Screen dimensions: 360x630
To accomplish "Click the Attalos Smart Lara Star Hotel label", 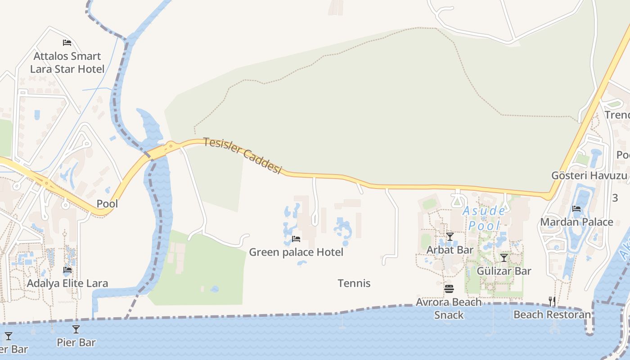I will pyautogui.click(x=67, y=63).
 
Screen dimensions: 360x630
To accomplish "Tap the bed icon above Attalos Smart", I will pyautogui.click(x=67, y=43).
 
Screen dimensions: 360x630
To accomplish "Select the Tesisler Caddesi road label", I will pyautogui.click(x=243, y=155).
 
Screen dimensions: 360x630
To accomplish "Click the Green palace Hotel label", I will pyautogui.click(x=296, y=252).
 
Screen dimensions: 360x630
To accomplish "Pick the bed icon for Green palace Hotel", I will pyautogui.click(x=296, y=238).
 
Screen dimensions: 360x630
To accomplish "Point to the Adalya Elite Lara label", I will pyautogui.click(x=67, y=283).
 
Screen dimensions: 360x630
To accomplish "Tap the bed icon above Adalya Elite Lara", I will pyautogui.click(x=67, y=270).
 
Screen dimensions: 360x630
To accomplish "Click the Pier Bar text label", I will pyautogui.click(x=76, y=342).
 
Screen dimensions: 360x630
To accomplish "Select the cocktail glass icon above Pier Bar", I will pyautogui.click(x=76, y=329).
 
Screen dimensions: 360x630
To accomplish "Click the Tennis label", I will pyautogui.click(x=354, y=283).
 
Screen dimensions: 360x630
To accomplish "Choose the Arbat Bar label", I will pyautogui.click(x=450, y=250).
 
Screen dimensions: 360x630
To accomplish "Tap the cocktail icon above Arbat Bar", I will pyautogui.click(x=450, y=237).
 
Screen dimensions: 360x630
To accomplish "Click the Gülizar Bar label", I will pyautogui.click(x=504, y=271).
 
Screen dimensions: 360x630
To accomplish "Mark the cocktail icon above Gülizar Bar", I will pyautogui.click(x=504, y=258).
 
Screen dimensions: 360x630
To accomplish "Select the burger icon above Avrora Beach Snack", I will pyautogui.click(x=449, y=289).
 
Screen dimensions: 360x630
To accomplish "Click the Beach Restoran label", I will pyautogui.click(x=552, y=315).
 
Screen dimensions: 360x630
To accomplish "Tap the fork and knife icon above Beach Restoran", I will pyautogui.click(x=552, y=301).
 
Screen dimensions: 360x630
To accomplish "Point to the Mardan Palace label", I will pyautogui.click(x=576, y=222).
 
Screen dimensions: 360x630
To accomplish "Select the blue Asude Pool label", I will pyautogui.click(x=484, y=218).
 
